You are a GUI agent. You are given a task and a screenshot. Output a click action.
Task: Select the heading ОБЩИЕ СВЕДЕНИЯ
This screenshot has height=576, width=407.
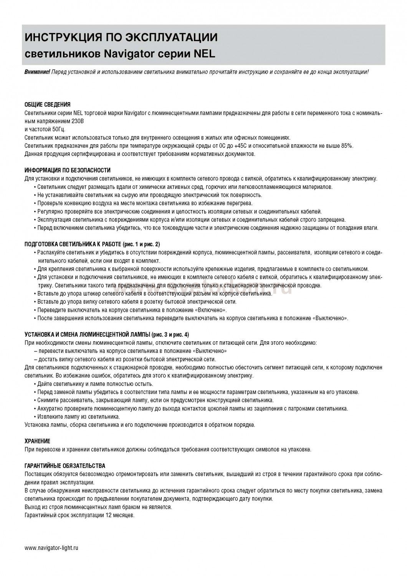point(47,104)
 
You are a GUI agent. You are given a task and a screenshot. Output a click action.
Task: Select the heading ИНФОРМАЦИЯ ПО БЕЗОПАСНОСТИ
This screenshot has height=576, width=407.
point(68,170)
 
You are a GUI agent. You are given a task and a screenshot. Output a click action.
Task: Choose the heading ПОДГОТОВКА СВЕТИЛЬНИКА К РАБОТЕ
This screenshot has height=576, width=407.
point(73,244)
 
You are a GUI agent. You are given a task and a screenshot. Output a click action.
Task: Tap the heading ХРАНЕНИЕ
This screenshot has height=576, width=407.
point(37,441)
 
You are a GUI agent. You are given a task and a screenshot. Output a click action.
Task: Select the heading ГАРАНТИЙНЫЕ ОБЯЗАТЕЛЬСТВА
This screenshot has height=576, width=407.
point(65,466)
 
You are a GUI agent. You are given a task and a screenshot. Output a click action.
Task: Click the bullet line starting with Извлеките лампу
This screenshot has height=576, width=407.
point(79,417)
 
